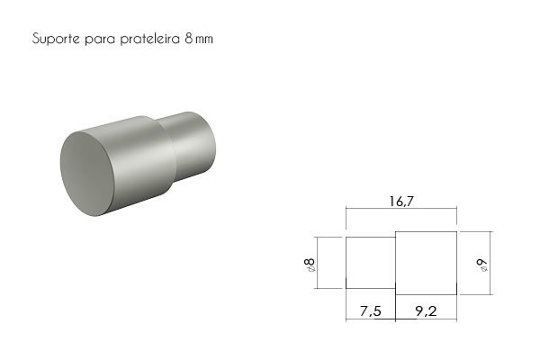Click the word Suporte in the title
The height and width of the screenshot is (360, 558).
(x=56, y=39)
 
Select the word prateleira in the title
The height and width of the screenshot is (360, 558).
(x=150, y=39)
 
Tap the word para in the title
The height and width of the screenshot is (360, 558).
(x=100, y=40)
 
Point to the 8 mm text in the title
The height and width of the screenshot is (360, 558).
(x=199, y=39)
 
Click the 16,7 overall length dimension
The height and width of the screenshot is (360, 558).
(x=401, y=202)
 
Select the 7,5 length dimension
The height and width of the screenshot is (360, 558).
(x=370, y=311)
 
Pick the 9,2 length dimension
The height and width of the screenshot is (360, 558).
(x=426, y=311)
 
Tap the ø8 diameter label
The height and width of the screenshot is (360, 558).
(x=310, y=265)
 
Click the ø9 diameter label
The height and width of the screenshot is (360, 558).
(x=482, y=265)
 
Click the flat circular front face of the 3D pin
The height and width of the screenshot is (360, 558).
(x=87, y=174)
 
